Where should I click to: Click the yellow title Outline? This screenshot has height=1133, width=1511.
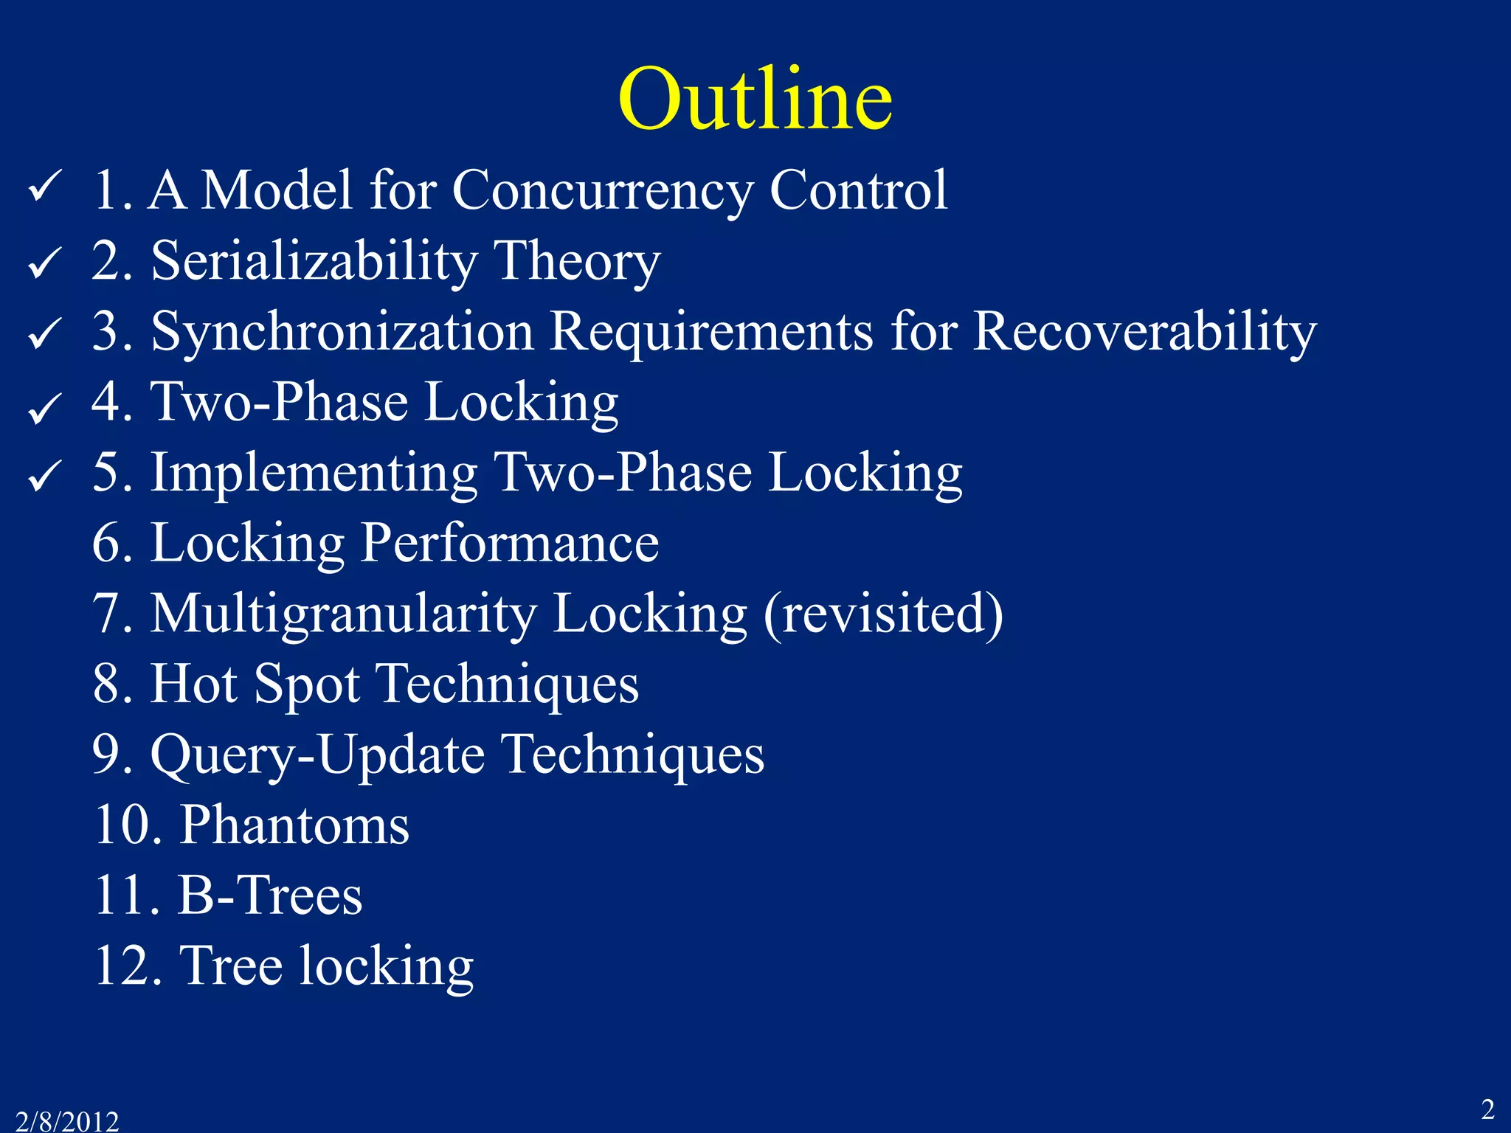point(755,99)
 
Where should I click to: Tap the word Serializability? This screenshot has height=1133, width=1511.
point(314,261)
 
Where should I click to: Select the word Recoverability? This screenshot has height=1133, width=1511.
point(1144,332)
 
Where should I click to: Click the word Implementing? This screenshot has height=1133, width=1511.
point(314,473)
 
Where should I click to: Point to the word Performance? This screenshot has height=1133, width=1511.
point(510,543)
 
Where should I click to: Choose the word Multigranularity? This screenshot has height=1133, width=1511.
point(344,614)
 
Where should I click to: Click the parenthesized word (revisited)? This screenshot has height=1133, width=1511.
point(883,614)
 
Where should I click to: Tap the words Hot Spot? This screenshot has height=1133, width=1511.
point(255,685)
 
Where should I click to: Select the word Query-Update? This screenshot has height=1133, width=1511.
point(317,755)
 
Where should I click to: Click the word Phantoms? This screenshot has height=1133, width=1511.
point(295,825)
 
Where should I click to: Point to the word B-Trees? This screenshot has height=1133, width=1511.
point(270,895)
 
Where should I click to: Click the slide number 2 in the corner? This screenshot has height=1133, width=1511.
point(1487,1109)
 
